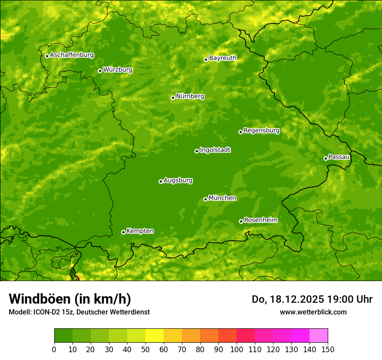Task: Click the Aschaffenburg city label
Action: [72, 55]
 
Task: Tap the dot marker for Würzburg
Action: [100, 71]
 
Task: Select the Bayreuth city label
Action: [223, 58]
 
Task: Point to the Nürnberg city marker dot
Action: [173, 98]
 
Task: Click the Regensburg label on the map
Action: [261, 131]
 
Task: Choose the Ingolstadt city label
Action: [215, 150]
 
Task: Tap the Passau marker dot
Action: [326, 158]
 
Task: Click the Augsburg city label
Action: [178, 180]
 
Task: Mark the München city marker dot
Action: [205, 199]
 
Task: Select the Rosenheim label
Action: [260, 220]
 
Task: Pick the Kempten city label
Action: [140, 231]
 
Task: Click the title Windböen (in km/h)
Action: [70, 299]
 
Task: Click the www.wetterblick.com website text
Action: [313, 312]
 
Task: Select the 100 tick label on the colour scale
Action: [237, 349]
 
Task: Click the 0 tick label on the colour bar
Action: [54, 349]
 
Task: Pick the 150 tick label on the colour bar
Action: [328, 349]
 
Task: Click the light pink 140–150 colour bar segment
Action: [319, 336]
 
